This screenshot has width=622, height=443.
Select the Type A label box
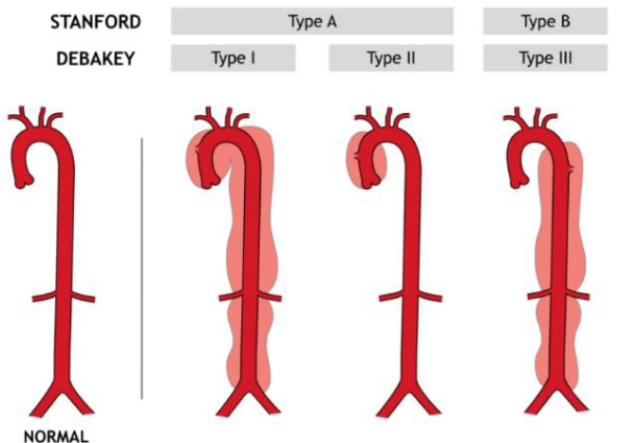[x=311, y=21]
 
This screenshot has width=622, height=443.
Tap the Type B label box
[x=545, y=21]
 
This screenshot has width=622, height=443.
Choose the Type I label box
[x=233, y=59]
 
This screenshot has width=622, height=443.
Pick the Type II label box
[x=390, y=59]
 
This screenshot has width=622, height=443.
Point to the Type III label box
[x=545, y=59]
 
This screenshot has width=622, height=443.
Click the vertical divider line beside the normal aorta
[x=141, y=266]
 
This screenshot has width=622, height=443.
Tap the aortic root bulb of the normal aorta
[x=29, y=174]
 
